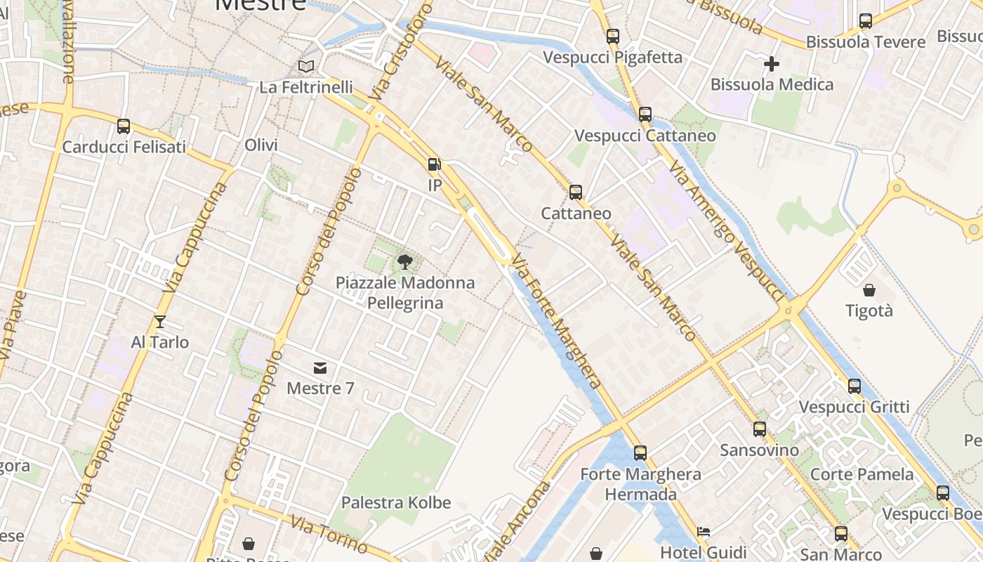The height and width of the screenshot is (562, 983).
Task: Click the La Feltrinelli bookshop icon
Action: coord(306,66)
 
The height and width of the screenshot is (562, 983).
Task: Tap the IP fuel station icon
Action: coord(435,164)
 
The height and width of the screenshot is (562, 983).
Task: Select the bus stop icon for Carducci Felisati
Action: coord(124,126)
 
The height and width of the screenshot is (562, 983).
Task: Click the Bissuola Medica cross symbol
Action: coord(772,64)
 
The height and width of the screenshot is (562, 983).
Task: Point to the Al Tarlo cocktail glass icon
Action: coord(160,322)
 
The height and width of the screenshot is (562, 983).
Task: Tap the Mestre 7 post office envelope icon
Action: coord(320,367)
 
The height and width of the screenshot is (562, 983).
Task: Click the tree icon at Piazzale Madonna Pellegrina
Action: coord(404,262)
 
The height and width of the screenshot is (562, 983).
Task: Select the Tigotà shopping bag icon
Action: coord(869,290)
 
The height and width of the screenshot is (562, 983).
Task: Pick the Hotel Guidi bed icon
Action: coord(704,532)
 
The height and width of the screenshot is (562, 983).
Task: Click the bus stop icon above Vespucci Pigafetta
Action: coord(613,37)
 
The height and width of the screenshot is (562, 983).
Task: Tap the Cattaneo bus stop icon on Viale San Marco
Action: coord(576,192)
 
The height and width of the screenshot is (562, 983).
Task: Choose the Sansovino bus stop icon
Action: coord(760,429)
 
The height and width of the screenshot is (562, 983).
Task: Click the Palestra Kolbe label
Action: coord(396,503)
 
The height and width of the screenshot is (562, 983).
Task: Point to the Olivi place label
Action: coord(261,145)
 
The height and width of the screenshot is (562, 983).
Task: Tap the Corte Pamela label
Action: coord(862,474)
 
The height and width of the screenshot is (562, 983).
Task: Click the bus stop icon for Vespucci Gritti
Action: coord(855,386)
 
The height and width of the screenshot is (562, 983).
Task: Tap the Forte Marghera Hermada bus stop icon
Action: coord(640,453)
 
